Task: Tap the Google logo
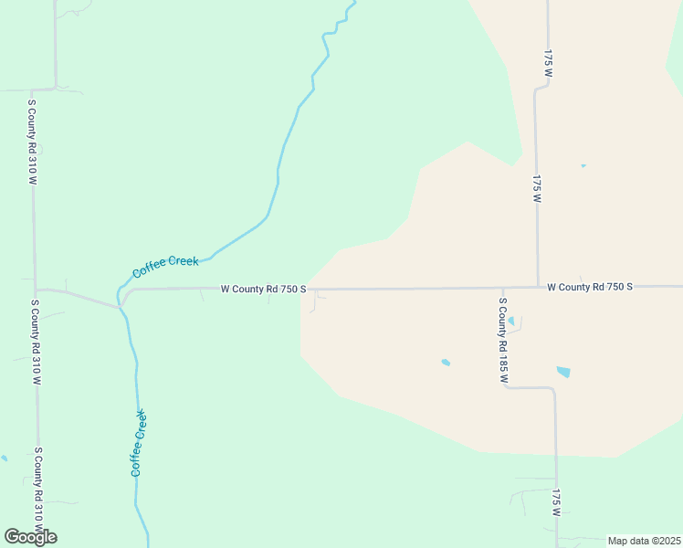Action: [30, 537]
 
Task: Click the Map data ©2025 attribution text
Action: [644, 541]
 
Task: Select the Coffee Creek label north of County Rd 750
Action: [165, 267]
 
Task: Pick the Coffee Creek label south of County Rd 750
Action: [138, 444]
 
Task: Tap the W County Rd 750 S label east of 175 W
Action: [590, 287]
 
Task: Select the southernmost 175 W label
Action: [555, 504]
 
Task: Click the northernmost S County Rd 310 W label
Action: [32, 142]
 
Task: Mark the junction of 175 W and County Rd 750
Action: [538, 287]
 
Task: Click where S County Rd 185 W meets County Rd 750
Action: [502, 288]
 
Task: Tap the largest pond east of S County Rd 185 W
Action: [563, 372]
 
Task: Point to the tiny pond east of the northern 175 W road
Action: [583, 165]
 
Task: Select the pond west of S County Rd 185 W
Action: [446, 363]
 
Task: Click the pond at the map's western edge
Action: [4, 458]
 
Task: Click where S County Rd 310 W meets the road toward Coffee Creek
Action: [36, 290]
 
